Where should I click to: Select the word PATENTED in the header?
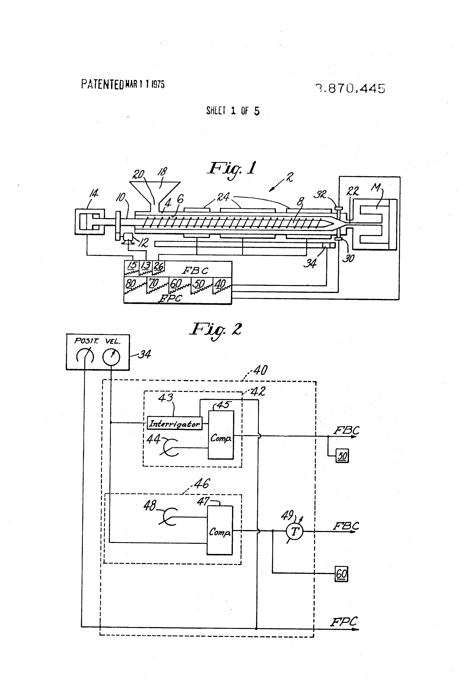coord(102,84)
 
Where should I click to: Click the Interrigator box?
coord(174,423)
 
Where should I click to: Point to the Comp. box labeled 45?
coord(221,435)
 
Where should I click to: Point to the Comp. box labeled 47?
coord(220,531)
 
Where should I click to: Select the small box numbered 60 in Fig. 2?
coord(341,574)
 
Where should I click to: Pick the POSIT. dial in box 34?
coord(85,356)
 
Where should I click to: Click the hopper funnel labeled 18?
coord(155,192)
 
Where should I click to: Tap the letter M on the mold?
coord(376,187)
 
